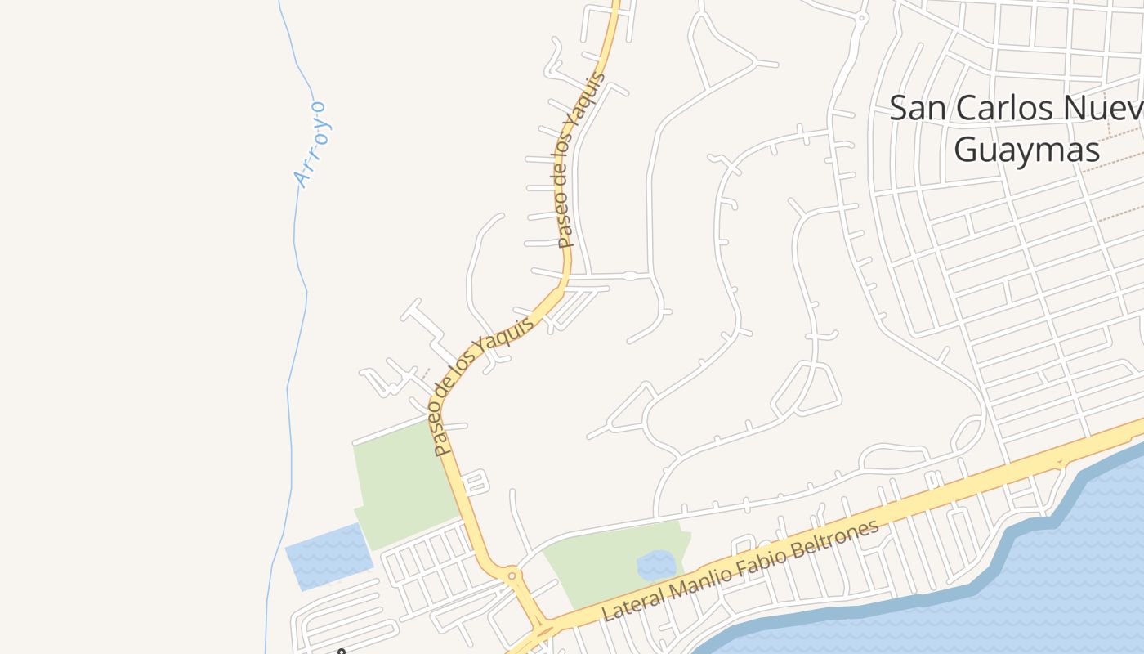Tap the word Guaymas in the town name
tap(1026, 150)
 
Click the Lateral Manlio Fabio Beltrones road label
tap(740, 569)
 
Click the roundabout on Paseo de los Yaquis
tap(512, 576)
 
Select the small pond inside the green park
tap(655, 565)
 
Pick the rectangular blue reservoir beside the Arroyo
tap(328, 556)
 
